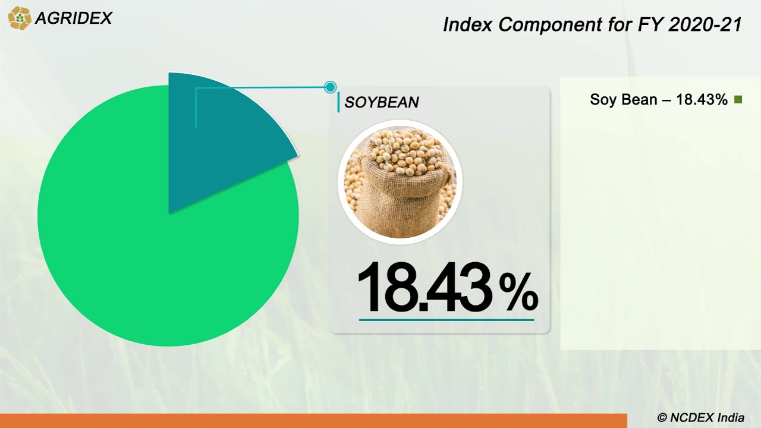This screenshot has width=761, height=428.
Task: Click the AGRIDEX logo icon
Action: point(19,18)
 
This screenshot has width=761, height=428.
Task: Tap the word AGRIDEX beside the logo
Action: point(73,18)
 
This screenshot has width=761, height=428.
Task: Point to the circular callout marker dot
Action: point(331,87)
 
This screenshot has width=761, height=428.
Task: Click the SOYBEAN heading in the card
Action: point(382,102)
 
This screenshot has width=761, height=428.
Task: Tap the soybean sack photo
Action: point(400,182)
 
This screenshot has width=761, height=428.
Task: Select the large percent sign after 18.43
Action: point(518,291)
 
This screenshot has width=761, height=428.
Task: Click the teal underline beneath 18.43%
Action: point(446,320)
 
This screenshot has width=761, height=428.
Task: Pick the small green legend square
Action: point(738,100)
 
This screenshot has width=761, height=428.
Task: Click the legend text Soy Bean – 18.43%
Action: point(658,100)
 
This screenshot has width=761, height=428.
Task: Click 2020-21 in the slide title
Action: point(705,25)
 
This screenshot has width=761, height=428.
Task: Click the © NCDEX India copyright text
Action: point(700,418)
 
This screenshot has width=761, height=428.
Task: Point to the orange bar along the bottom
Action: point(313,421)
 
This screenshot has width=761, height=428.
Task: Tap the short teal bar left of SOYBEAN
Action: point(338,102)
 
